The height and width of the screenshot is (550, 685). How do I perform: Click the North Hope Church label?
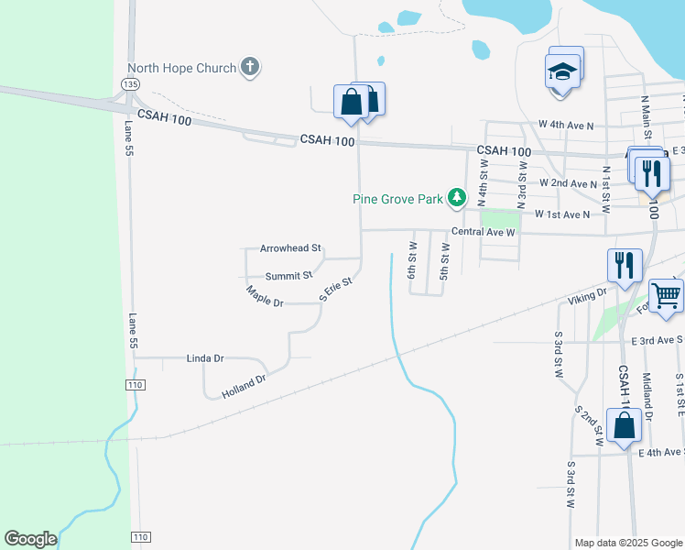tap(180, 67)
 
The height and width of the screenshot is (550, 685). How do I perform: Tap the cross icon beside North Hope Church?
tap(250, 66)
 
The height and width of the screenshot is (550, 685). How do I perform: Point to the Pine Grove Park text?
tap(399, 198)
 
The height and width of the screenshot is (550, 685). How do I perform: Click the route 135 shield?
tap(130, 84)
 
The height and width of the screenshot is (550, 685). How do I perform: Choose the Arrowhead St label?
tap(290, 248)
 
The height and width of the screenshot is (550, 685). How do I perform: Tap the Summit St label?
tap(288, 275)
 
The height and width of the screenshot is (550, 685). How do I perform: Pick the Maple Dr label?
tap(266, 296)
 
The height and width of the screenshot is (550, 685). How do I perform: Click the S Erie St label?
tap(335, 290)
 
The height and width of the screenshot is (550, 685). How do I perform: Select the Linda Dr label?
tap(205, 357)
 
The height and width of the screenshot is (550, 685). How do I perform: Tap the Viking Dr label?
tap(587, 296)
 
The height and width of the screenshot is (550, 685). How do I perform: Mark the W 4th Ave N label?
tap(566, 124)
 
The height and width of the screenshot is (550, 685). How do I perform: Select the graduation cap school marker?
tap(563, 71)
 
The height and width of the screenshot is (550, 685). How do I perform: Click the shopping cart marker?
tap(667, 295)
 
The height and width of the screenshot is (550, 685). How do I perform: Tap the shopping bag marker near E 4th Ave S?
tap(624, 425)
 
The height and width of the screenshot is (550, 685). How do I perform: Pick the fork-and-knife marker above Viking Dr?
tap(624, 265)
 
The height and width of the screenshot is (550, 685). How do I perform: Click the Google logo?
tap(30, 539)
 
